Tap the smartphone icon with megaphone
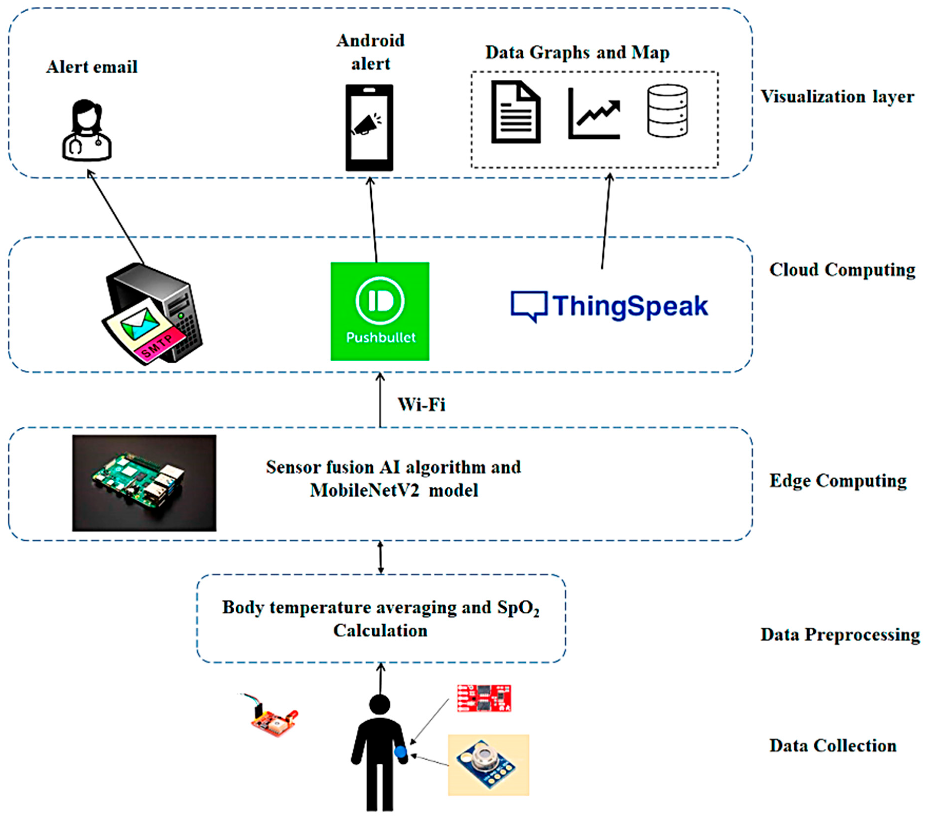[369, 128]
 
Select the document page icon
[516, 112]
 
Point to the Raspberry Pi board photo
[144, 483]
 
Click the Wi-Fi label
[421, 404]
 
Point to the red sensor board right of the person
[484, 698]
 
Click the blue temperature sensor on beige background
[488, 765]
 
